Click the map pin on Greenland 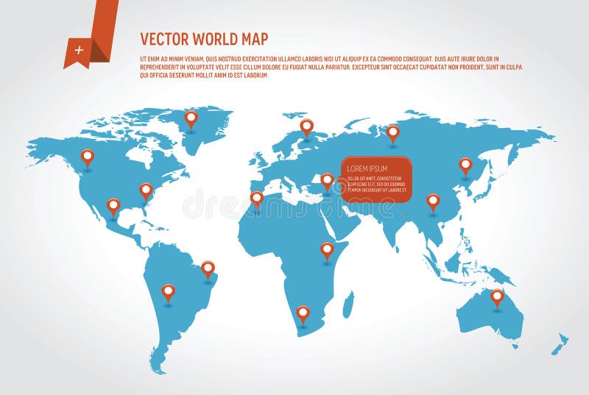191,118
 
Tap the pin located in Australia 497,296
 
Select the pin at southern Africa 303,313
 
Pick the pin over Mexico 113,205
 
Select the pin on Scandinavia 306,127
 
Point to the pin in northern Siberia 393,132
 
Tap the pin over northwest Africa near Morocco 256,198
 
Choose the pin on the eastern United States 146,190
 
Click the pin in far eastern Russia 465,165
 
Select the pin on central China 433,201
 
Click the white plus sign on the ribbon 79,50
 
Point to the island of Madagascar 348,303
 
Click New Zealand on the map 560,343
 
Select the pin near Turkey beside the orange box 327,179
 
